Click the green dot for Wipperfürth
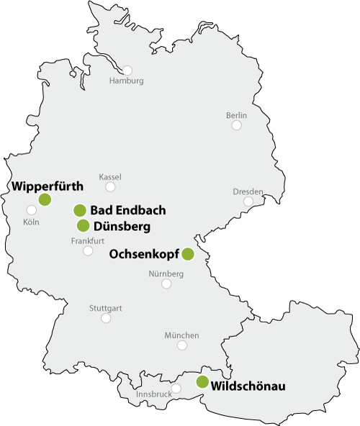[x=45, y=199]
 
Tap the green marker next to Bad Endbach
[x=80, y=210]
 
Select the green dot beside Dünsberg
[x=83, y=225]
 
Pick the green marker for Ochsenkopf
[x=188, y=253]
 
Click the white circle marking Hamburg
[x=127, y=71]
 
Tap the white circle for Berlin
[x=236, y=125]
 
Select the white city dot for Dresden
[x=248, y=201]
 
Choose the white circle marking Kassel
[x=110, y=186]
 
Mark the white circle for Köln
[x=31, y=210]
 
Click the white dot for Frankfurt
[x=88, y=251]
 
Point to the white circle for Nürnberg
[x=166, y=284]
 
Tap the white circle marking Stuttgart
[x=106, y=318]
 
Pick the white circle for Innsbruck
[x=176, y=389]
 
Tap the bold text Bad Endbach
[x=129, y=210]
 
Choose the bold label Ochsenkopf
[x=143, y=254]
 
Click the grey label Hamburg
[x=126, y=81]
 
